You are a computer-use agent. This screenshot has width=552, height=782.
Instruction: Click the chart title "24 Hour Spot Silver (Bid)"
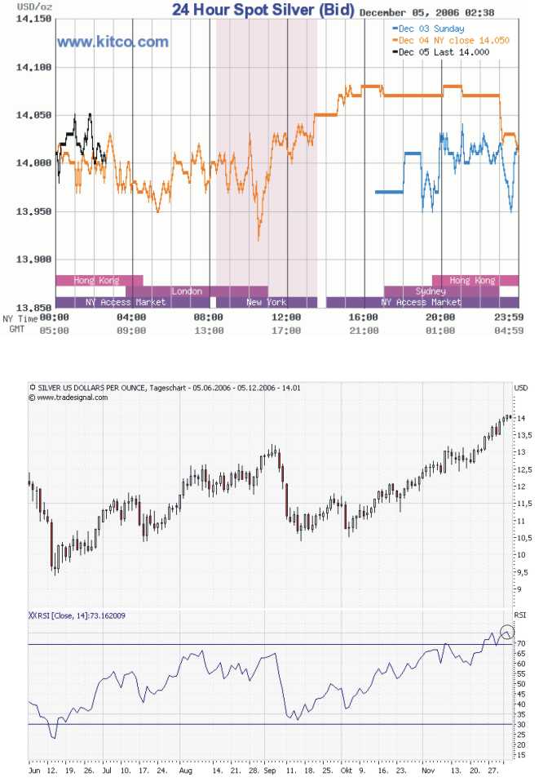click(263, 11)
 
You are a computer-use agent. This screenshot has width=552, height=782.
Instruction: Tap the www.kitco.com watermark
click(113, 42)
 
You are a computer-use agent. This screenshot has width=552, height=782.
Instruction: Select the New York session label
click(267, 302)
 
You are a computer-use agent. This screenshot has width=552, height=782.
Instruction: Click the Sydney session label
click(430, 291)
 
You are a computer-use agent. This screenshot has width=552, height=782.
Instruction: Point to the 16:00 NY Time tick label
click(364, 318)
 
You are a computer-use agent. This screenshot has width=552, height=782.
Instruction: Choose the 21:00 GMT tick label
click(364, 331)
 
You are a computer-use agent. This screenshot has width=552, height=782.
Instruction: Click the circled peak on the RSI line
click(507, 631)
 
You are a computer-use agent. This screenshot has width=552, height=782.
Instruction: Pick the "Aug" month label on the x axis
click(186, 769)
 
